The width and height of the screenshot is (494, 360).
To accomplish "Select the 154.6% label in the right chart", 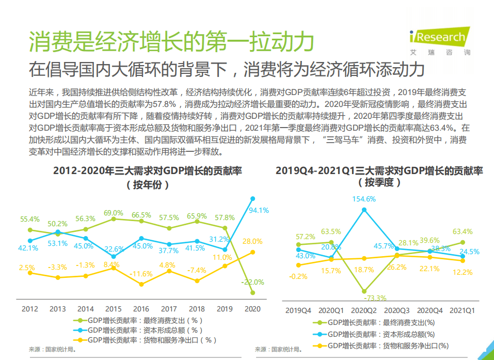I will pos(364,199).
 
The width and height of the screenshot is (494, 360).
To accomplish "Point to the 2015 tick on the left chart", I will pos(113,309).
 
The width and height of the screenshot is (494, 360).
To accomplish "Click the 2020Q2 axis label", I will pos(364,310).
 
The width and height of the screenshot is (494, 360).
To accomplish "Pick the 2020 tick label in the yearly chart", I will pos(252,309).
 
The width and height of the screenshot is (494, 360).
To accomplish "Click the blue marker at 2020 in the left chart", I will pos(252,198).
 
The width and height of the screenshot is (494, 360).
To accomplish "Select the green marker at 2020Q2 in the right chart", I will pos(364,291).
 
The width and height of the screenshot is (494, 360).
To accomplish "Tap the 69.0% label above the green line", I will pos(114,213).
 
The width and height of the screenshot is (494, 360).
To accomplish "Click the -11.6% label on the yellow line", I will pos(141,273).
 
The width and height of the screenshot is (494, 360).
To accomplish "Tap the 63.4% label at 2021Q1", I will pos(462,231).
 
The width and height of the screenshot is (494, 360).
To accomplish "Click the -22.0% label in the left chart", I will pos(252,282).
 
